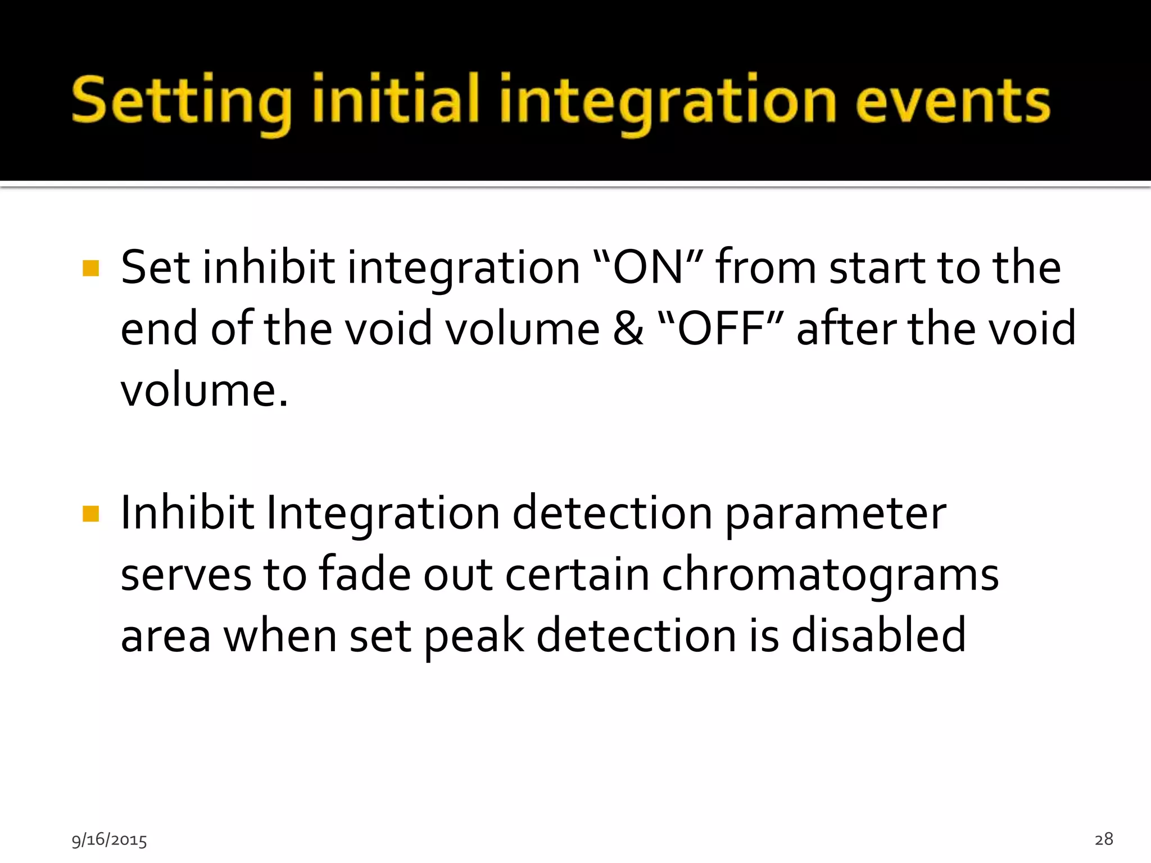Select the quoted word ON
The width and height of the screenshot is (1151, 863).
(647, 267)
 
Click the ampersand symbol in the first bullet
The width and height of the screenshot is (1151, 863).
(628, 329)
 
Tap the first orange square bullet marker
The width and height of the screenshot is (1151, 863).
(90, 268)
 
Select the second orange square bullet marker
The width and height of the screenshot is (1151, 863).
(90, 514)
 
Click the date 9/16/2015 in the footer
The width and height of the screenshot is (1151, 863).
(109, 840)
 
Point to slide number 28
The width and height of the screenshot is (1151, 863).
(1104, 839)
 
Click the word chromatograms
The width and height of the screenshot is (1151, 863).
(830, 575)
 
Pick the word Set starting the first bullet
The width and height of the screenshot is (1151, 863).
(155, 267)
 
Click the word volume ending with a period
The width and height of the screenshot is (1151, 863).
(204, 390)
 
